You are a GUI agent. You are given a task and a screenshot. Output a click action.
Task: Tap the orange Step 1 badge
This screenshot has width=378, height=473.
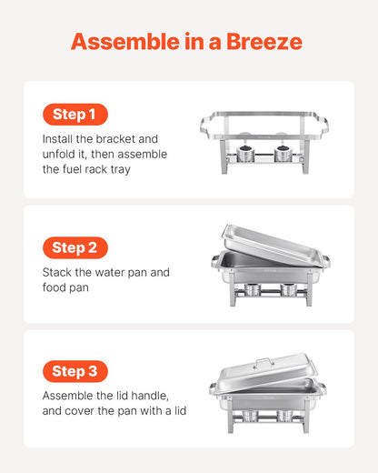coord(75,115)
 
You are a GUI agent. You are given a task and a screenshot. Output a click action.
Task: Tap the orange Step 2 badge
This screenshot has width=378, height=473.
coord(75,247)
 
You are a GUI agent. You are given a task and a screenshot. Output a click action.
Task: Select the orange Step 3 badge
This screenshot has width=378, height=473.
coord(75,371)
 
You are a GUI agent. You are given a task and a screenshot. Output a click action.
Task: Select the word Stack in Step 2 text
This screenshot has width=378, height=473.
coord(59,272)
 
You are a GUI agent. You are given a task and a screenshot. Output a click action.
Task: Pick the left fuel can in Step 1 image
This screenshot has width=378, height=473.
coord(245,153)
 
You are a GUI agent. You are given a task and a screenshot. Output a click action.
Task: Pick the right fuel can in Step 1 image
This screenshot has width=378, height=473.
coord(283,153)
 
